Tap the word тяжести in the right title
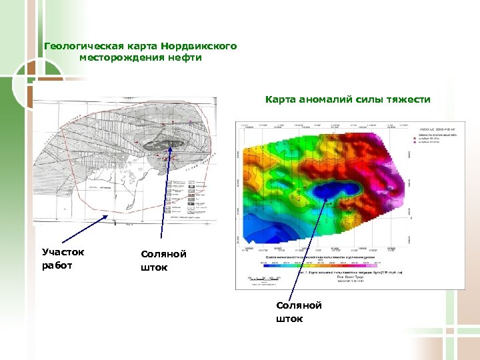coord(409,99)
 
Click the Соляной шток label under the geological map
coord(163,261)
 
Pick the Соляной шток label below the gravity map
coord(299,311)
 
